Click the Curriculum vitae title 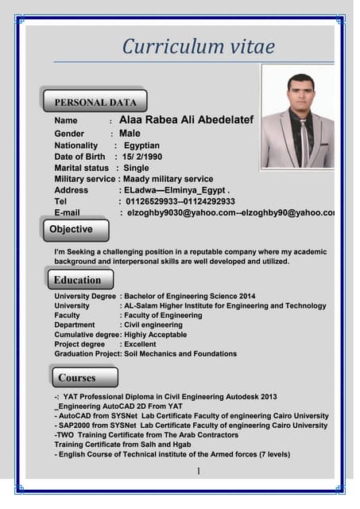point(198,46)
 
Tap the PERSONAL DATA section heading point(95,102)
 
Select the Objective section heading point(72,229)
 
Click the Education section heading point(77,280)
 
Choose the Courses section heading point(77,377)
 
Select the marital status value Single point(136,168)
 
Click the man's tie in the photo point(304,142)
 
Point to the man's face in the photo point(300,93)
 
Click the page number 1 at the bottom point(198,472)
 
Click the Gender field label point(69,134)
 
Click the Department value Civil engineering point(151,324)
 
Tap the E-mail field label point(67,212)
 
